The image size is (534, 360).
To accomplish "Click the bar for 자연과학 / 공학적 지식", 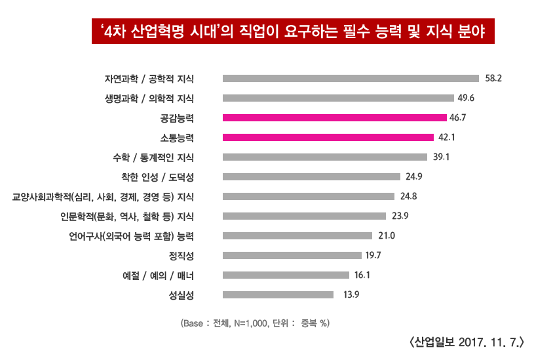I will point(351,79).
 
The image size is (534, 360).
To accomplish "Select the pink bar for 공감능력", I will point(335,118).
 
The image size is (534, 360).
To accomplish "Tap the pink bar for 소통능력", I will point(328,138).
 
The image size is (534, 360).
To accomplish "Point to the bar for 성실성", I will point(278,294).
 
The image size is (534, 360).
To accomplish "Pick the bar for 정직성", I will point(292,255).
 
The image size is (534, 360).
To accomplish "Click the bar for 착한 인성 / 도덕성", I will point(311,176).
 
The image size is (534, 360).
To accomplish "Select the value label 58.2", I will point(493,79).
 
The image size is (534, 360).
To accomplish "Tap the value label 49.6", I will point(467,98).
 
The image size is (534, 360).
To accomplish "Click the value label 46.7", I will point(457,118).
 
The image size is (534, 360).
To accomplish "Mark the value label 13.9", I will point(351,294).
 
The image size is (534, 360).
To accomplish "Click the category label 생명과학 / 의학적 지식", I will point(149,98).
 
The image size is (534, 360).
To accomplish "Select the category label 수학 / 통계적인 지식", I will point(153,157).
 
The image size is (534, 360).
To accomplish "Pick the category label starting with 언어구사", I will point(131,236).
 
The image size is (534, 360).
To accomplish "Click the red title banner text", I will point(294,31).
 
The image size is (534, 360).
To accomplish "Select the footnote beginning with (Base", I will point(254,323).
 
